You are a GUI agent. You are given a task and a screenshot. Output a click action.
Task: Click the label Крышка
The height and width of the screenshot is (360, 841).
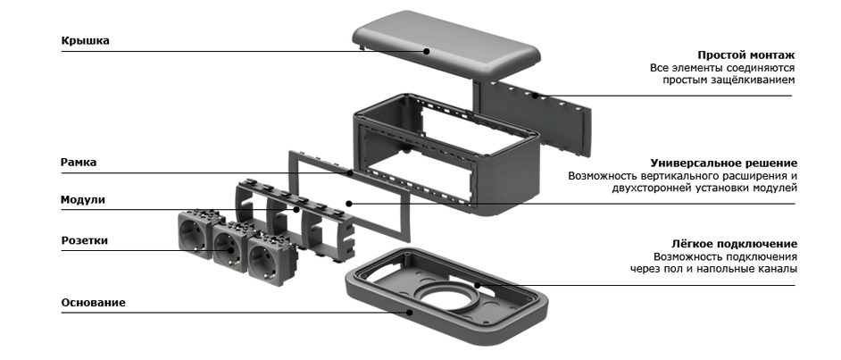point(86,41)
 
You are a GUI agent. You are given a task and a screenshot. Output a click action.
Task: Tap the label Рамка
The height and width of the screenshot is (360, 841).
point(79,163)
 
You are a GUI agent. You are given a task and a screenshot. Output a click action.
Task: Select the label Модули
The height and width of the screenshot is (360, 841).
point(83,200)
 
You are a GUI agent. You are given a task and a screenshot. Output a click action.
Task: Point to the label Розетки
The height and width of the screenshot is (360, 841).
point(84,240)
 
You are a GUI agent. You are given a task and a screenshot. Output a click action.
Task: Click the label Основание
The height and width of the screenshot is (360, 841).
point(94,303)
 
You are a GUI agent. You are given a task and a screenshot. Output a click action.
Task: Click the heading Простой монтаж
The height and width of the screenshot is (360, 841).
point(746,54)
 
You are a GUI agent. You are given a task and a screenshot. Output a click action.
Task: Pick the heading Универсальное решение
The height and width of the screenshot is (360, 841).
point(724,163)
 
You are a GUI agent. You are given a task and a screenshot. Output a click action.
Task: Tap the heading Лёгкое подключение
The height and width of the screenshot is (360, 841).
point(734,244)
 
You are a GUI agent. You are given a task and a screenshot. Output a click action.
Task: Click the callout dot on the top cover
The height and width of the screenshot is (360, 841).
point(427,51)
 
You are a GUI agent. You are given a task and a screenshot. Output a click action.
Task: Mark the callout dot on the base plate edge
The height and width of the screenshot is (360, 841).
point(410,312)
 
